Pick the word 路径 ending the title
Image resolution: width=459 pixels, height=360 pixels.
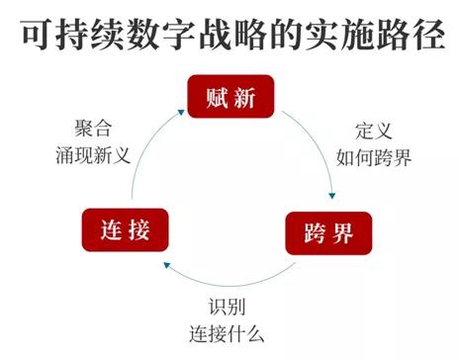coord(406,33)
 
